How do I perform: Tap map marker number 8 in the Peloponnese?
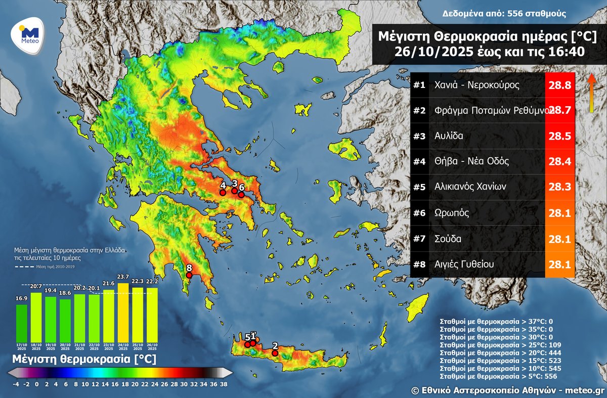[x=189, y=275]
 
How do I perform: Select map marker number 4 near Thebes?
[x=223, y=192]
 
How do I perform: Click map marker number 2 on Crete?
[x=275, y=352]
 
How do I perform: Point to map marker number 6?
[x=241, y=194]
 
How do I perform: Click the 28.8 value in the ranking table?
[x=560, y=85]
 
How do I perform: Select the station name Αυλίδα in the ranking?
[x=449, y=136]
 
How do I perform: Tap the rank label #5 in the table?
[x=419, y=187]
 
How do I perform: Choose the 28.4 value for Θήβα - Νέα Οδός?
[x=560, y=162]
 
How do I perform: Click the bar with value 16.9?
[x=22, y=322]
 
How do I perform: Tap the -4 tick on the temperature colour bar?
[x=16, y=384]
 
